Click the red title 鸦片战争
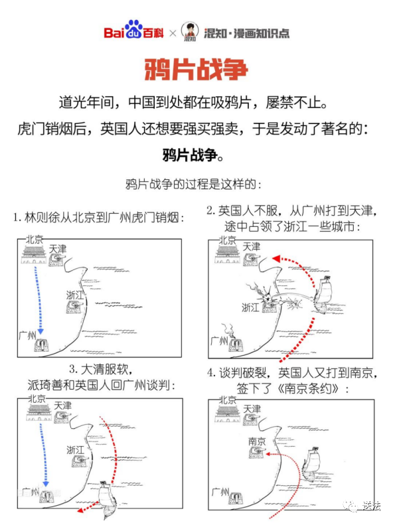(196, 70)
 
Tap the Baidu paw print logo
(133, 29)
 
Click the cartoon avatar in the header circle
(190, 31)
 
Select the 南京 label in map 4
(256, 441)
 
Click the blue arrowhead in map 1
(40, 331)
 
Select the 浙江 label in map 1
(74, 295)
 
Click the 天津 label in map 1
(58, 249)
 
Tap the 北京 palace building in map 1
(33, 254)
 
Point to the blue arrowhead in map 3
(46, 484)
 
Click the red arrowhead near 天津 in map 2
(275, 258)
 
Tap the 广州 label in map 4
(220, 492)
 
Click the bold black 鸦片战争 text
(190, 155)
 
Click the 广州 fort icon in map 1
(42, 345)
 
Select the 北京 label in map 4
(228, 400)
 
